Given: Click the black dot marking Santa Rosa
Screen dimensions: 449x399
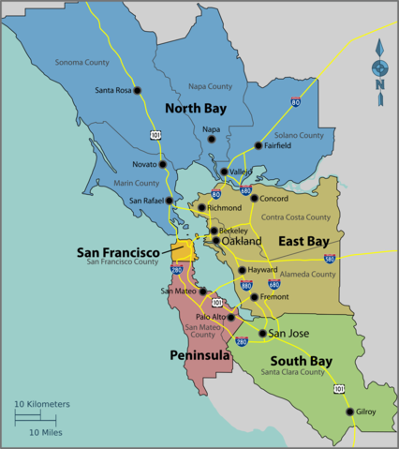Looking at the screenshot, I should (x=137, y=91).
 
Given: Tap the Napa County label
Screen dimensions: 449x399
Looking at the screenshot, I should (x=210, y=86).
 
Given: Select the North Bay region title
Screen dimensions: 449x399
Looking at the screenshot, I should (x=196, y=108).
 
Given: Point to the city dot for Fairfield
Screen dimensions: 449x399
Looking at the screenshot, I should (x=258, y=145).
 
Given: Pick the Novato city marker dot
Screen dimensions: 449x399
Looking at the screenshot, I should (x=163, y=164).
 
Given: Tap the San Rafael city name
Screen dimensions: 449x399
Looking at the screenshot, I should (x=147, y=201).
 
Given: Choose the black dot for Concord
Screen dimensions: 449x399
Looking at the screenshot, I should (x=254, y=198).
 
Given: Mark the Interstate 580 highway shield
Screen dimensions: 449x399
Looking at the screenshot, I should (x=330, y=258).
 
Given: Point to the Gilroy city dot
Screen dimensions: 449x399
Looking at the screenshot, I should (x=349, y=412).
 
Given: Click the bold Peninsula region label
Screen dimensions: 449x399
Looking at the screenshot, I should (x=199, y=355).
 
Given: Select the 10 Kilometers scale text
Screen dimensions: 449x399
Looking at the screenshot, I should (x=41, y=404).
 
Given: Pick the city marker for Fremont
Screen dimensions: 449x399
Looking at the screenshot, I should (x=253, y=297).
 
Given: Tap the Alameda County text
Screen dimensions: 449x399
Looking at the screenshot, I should (x=308, y=275).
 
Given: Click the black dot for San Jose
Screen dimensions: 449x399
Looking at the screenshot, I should (x=262, y=333).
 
